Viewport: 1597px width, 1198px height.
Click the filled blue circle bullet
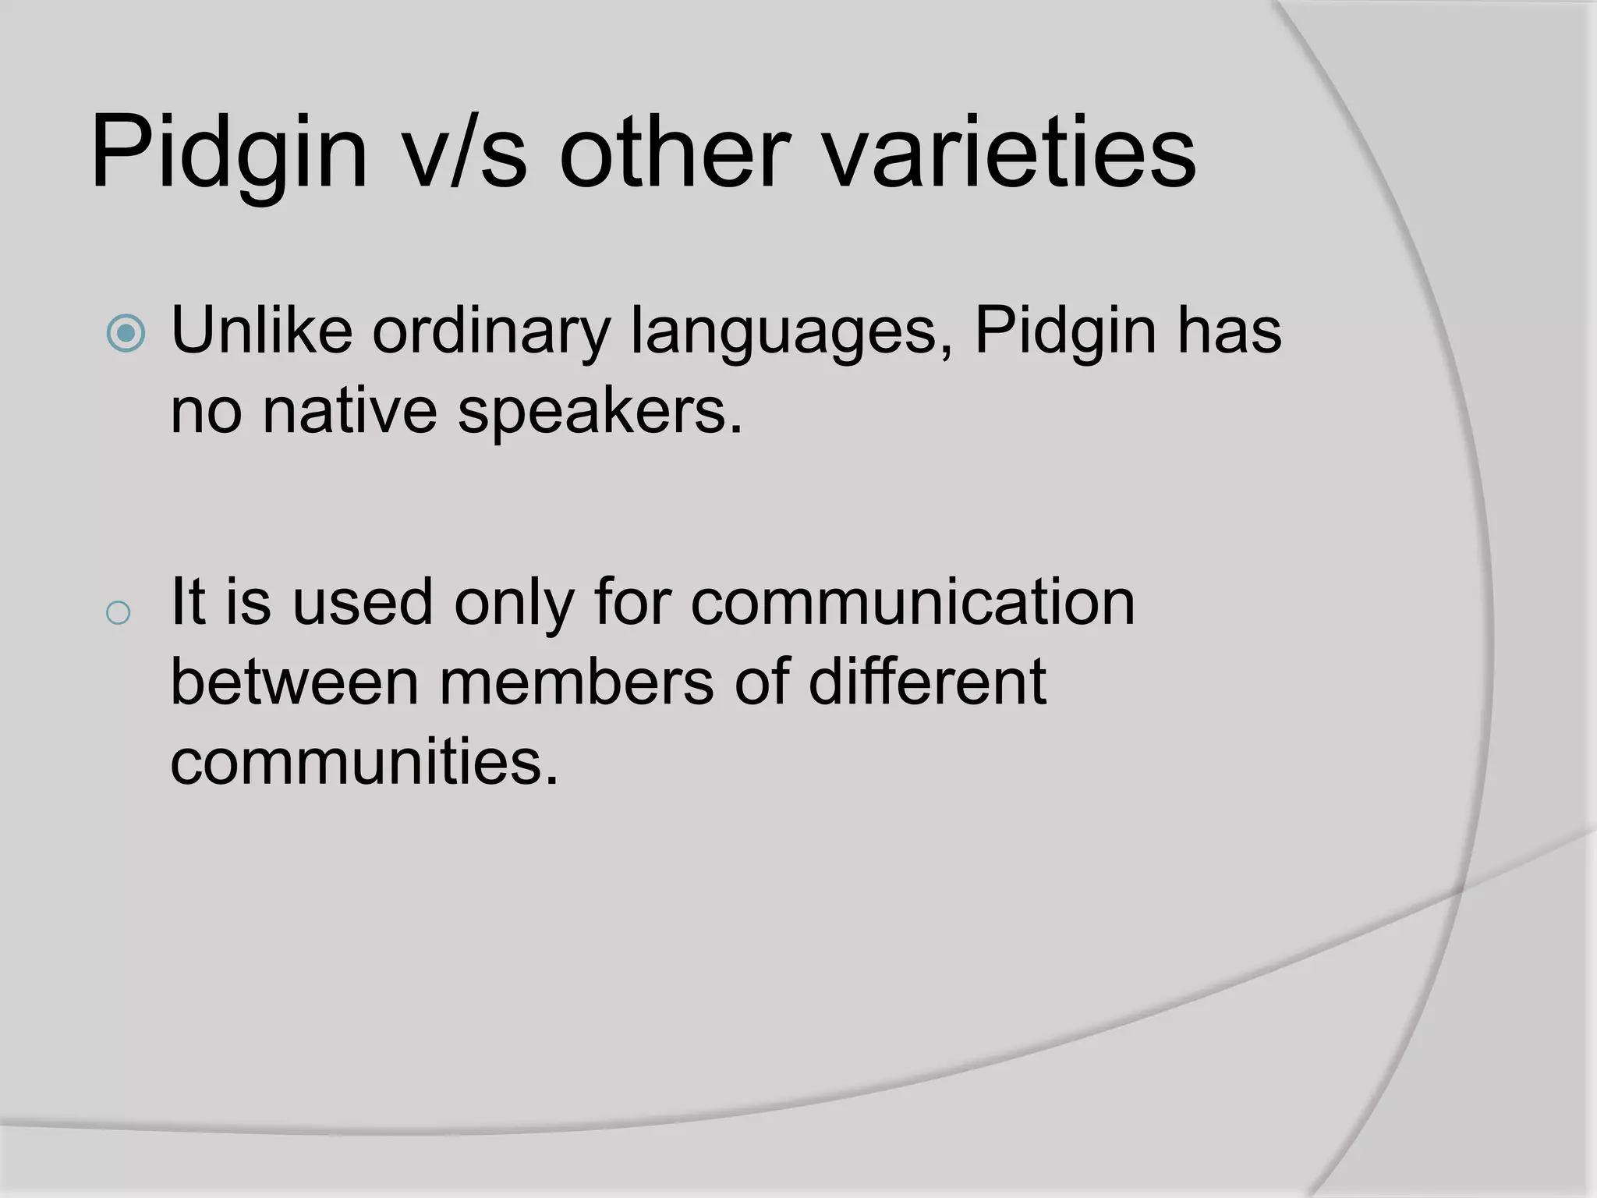[x=126, y=333]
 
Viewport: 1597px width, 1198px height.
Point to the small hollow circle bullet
[x=118, y=613]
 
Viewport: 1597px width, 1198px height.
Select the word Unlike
[x=261, y=331]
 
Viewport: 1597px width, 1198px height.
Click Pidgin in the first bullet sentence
[x=1065, y=331]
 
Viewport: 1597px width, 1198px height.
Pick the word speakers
[x=599, y=412]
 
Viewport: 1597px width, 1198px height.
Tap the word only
[x=514, y=603]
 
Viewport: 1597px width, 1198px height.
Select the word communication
[x=912, y=601]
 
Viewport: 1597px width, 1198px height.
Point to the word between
[x=295, y=682]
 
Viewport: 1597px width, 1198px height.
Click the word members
[x=576, y=682]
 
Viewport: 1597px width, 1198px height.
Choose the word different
[x=926, y=682]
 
